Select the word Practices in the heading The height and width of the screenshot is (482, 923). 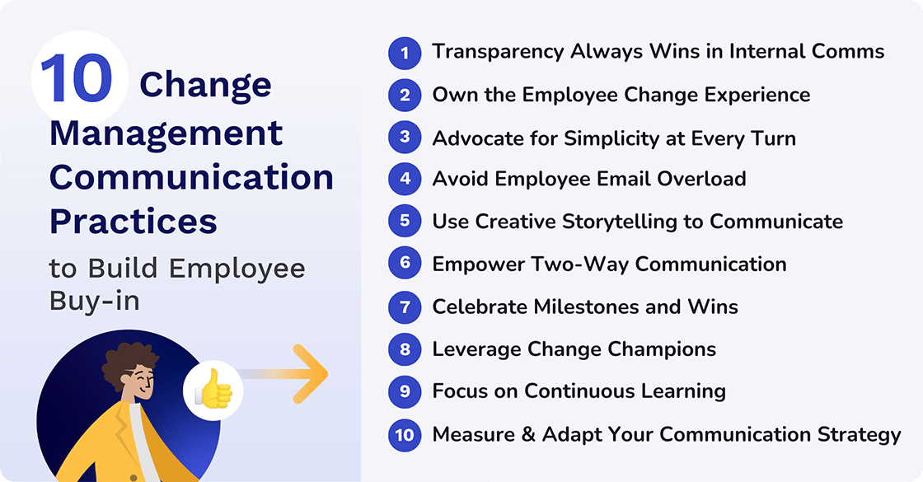pos(134,221)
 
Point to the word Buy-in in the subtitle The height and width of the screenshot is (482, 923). pos(94,301)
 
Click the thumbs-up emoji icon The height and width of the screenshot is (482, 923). pos(213,391)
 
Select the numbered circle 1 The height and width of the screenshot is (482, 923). pos(405,53)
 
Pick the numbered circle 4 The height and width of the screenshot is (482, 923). pos(405,180)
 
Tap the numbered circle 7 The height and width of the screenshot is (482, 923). pos(405,307)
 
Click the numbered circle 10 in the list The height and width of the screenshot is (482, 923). pos(405,434)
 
